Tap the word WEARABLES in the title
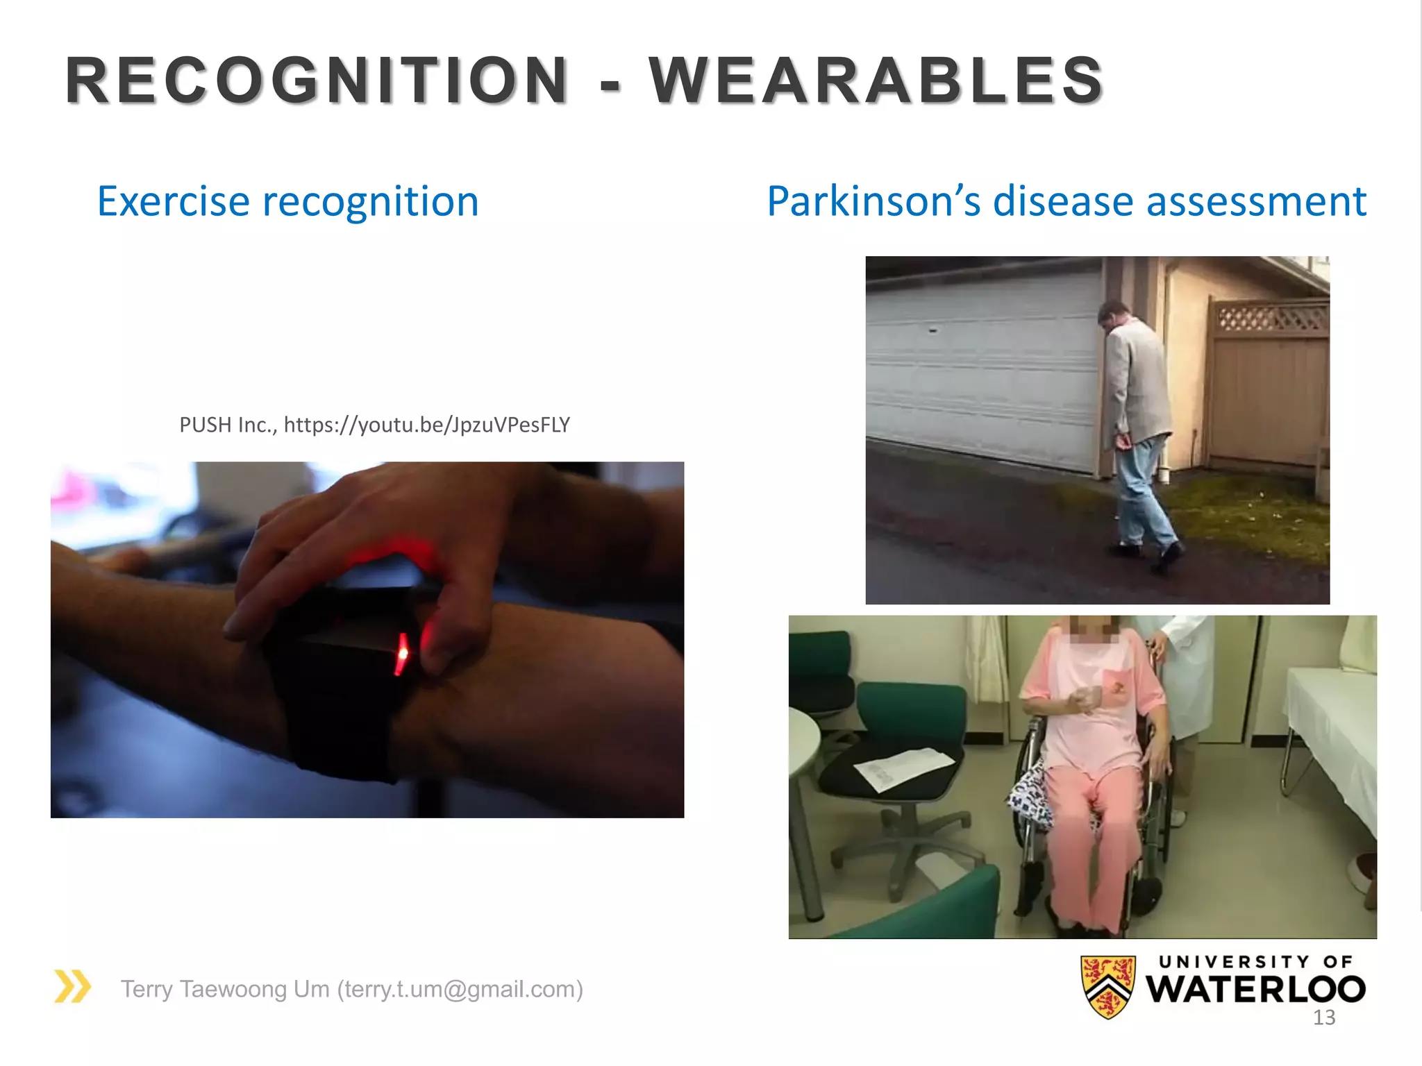tap(876, 81)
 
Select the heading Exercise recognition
tap(287, 201)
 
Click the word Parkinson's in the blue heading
tap(873, 201)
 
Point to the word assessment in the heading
tap(1255, 201)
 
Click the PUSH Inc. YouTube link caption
tap(374, 425)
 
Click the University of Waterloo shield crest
tap(1108, 986)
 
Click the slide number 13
tap(1324, 1018)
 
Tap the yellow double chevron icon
tap(73, 986)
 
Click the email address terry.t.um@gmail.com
tap(460, 989)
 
